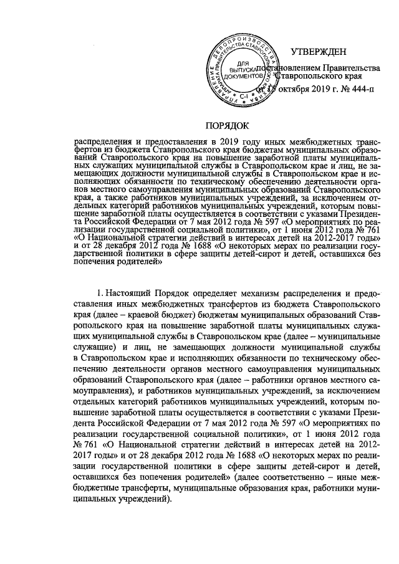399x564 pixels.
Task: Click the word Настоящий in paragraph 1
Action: click(128, 293)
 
